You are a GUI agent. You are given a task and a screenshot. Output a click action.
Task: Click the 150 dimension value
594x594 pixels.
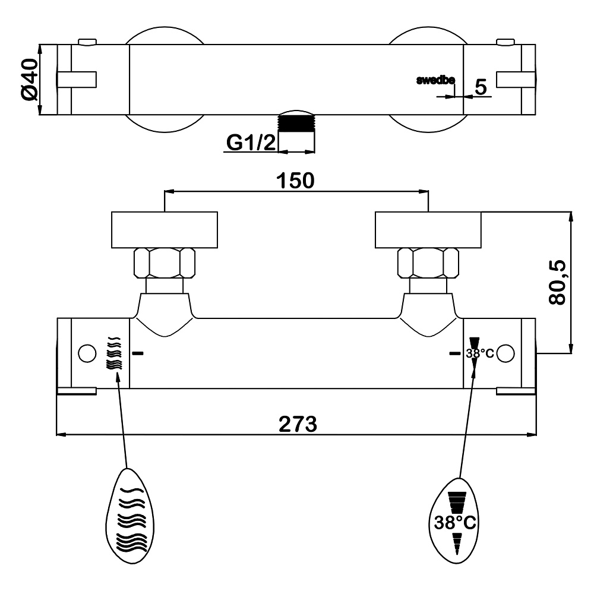(x=296, y=180)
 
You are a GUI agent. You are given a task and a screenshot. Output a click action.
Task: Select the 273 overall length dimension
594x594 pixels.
(x=296, y=424)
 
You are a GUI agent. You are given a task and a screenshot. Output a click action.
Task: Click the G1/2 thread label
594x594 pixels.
(x=251, y=143)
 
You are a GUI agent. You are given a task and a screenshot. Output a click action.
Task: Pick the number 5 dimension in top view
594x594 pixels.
(x=481, y=87)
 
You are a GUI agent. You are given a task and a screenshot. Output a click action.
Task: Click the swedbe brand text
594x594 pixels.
(x=435, y=81)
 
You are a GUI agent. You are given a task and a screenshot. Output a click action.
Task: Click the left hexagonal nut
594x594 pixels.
(x=165, y=262)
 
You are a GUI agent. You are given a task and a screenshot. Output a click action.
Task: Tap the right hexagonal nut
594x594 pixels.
(x=428, y=262)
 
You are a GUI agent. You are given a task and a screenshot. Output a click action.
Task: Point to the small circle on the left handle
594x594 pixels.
(x=87, y=353)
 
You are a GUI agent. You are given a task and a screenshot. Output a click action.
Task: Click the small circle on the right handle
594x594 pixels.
(x=505, y=353)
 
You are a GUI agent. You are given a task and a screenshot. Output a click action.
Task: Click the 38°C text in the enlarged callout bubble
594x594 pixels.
(x=454, y=523)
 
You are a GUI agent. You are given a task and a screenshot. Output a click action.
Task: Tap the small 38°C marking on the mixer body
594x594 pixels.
(x=479, y=353)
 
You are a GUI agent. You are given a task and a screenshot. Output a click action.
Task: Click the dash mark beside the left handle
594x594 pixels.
(x=138, y=353)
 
